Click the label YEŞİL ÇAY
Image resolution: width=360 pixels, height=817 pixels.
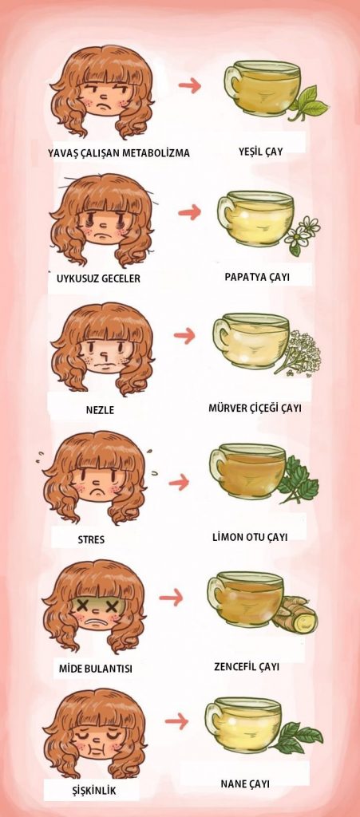tap(260, 152)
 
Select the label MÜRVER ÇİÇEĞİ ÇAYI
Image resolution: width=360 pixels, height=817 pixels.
tap(255, 407)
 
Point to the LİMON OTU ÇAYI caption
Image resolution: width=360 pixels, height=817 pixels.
tap(250, 537)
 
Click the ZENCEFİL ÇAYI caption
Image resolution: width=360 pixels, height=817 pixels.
tap(247, 667)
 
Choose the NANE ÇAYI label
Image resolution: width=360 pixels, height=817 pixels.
tap(245, 783)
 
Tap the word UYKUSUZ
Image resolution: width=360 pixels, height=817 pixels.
tap(77, 278)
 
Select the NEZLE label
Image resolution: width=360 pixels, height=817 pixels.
tap(100, 410)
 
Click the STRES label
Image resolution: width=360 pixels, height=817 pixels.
tap(91, 540)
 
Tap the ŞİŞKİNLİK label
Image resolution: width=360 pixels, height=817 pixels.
tap(93, 791)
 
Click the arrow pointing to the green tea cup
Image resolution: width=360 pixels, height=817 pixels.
tap(189, 85)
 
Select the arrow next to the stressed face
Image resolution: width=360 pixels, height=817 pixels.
tap(179, 483)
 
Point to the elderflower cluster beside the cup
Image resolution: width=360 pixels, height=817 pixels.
tap(301, 352)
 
